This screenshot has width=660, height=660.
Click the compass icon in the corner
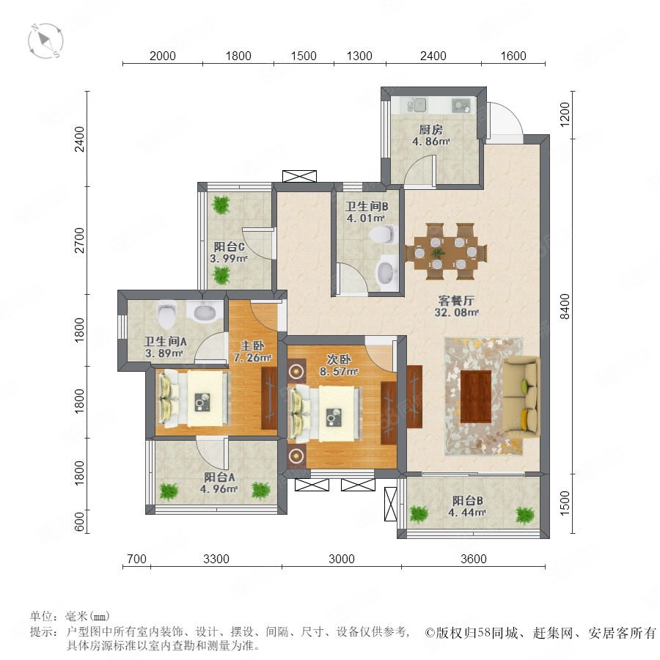[45, 41]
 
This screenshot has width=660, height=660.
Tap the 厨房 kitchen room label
[430, 130]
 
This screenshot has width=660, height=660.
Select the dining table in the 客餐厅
[446, 252]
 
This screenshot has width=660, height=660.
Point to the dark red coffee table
[476, 397]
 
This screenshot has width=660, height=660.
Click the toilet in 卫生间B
[384, 234]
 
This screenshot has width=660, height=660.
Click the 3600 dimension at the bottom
[474, 559]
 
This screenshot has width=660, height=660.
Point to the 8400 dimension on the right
[565, 306]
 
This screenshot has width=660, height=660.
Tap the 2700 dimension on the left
[79, 241]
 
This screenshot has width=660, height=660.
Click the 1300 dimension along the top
[359, 56]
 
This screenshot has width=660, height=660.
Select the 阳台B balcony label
[468, 501]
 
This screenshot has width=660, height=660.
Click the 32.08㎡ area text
[457, 312]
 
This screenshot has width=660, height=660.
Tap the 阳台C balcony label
[229, 246]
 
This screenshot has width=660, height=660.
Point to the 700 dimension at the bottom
[137, 559]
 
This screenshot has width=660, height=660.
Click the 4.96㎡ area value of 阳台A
[219, 489]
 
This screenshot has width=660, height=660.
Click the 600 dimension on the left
[79, 522]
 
